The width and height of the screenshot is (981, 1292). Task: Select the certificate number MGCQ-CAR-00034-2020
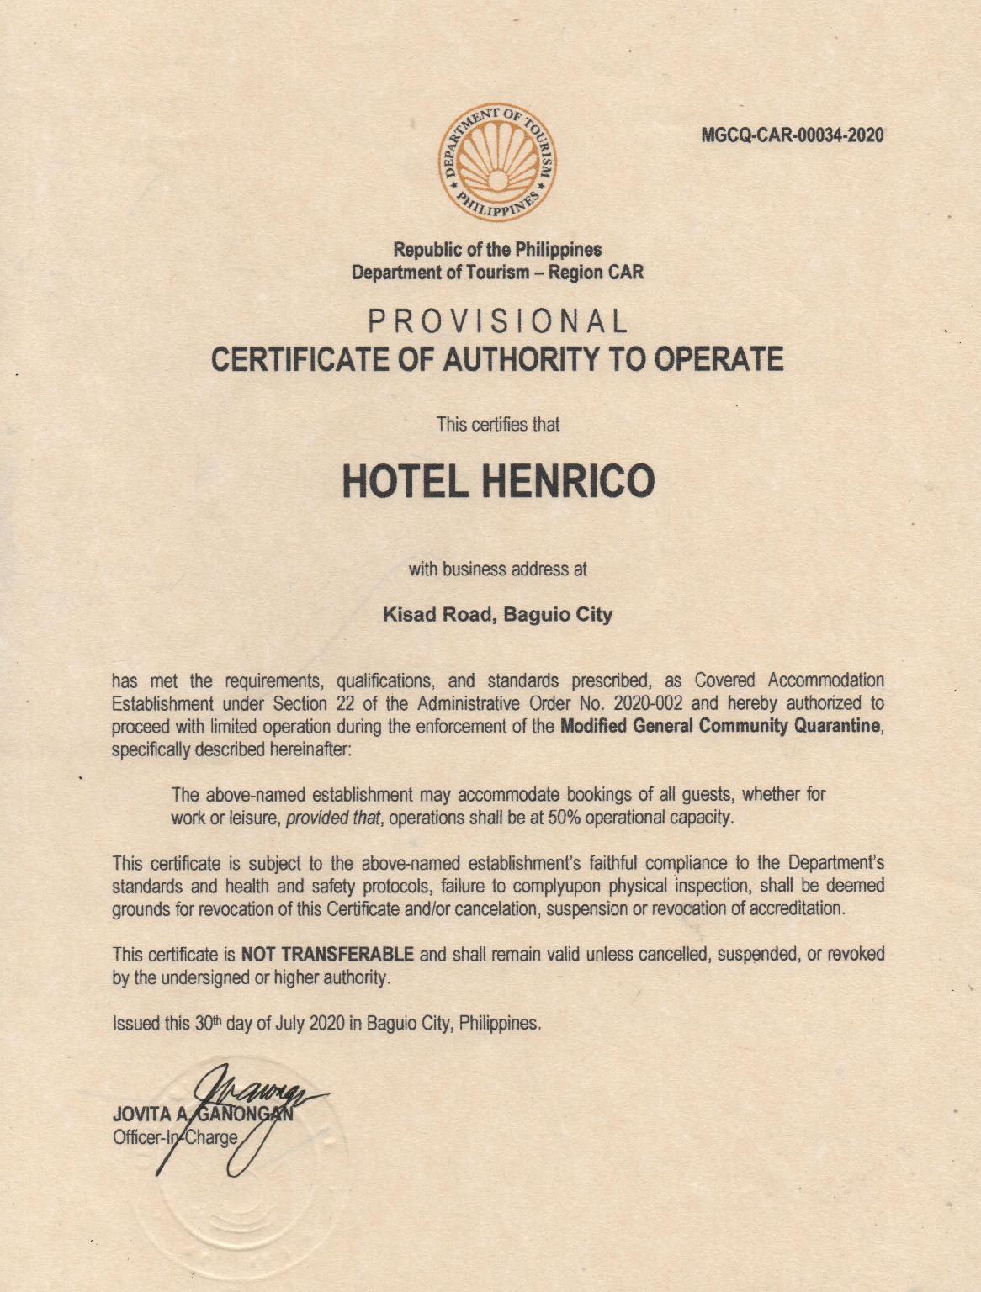coord(793,135)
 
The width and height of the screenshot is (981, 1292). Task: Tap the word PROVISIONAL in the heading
coord(498,321)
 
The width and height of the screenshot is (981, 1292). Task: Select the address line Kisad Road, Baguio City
coord(497,615)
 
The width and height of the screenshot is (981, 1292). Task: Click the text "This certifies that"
coord(497,424)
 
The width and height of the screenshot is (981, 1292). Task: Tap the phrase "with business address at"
coord(497,569)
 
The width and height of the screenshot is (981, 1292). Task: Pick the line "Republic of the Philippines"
coord(497,250)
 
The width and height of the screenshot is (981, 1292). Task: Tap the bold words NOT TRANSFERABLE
coord(327,955)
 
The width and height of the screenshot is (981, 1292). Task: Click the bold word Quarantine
coord(837,727)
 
